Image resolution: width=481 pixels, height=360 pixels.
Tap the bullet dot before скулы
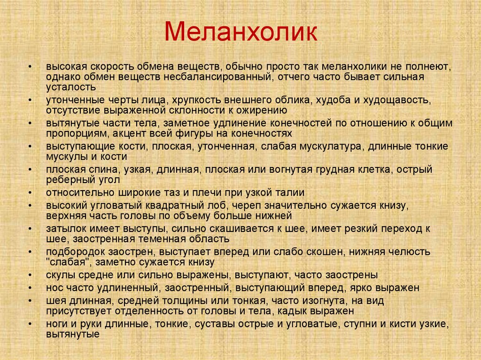pyautogui.click(x=30, y=275)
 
